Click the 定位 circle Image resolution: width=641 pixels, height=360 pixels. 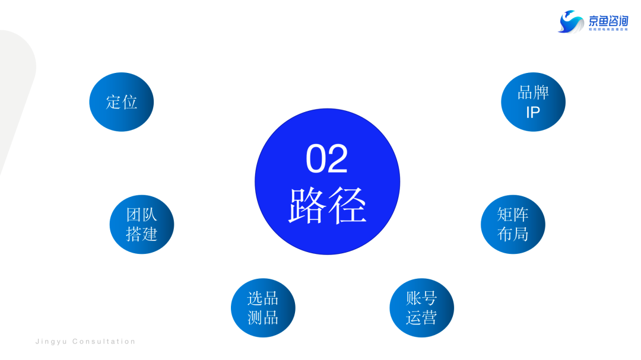coord(122,102)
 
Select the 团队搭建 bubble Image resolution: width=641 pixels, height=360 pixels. coord(142,224)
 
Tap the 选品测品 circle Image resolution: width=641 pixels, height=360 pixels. coord(263,308)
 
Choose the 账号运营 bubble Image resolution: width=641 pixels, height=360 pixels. coord(421,308)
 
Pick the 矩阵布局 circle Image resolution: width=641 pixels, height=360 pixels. coord(513,224)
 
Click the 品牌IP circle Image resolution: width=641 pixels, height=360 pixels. coord(533,102)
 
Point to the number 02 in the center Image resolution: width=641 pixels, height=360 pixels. coord(327,159)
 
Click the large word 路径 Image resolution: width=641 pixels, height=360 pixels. coord(328,205)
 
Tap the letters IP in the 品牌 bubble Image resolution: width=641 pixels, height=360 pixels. coord(533,112)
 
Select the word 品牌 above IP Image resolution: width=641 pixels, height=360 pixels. coord(533,93)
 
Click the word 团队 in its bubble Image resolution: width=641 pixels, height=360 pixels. coord(142,214)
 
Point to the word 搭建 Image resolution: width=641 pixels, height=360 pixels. coord(142,234)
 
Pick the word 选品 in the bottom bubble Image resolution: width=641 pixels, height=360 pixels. coord(263,298)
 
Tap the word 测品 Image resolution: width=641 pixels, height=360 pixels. coord(263,318)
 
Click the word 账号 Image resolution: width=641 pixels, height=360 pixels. coord(421,298)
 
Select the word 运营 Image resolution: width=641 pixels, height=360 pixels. coord(421,318)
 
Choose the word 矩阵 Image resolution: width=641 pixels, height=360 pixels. coord(513,214)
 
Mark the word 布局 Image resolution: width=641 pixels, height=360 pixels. coord(513,234)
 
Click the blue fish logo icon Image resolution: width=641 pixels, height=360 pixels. coord(571,22)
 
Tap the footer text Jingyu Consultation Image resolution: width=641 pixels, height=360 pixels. coord(86,342)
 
